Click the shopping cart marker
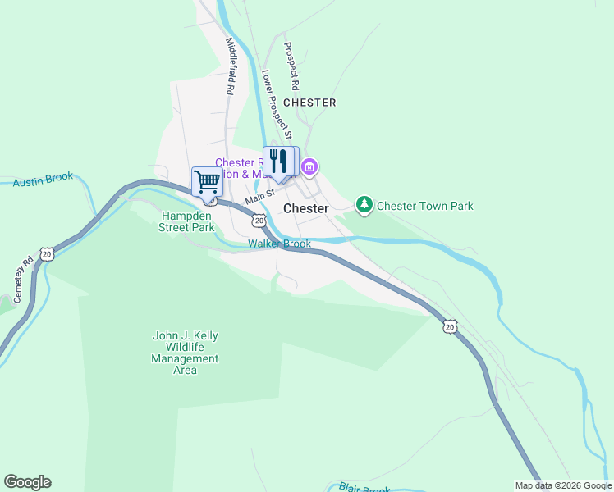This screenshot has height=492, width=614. [207, 180]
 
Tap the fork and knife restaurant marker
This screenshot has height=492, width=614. [277, 161]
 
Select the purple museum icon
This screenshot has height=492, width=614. [309, 168]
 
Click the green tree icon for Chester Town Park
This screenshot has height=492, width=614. [364, 205]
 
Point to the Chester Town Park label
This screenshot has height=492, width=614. [424, 206]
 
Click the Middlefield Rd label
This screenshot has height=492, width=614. [231, 65]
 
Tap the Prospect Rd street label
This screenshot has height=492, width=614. [290, 66]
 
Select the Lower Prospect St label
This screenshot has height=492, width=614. [272, 101]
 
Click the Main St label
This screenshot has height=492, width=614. [259, 198]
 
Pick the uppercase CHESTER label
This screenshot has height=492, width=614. [309, 102]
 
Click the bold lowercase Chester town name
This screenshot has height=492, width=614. [306, 208]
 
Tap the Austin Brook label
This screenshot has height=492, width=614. [43, 180]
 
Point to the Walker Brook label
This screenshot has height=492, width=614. [280, 244]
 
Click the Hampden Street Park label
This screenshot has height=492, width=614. [186, 221]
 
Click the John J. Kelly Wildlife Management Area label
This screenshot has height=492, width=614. [186, 353]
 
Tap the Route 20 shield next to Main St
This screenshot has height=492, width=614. [259, 221]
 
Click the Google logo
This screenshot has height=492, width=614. [27, 482]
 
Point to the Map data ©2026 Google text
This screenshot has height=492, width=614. [564, 485]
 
